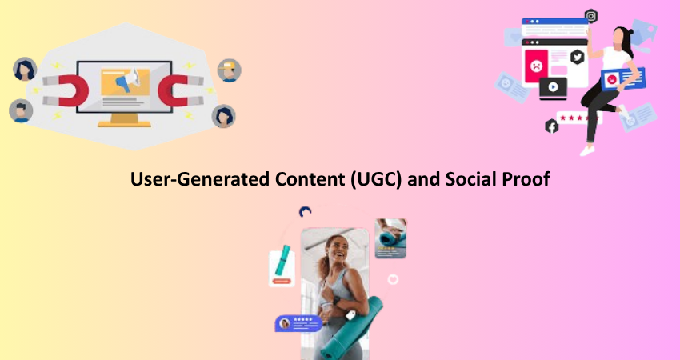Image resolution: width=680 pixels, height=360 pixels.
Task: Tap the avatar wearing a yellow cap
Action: click(229, 70)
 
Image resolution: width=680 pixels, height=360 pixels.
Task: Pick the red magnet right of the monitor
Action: click(181, 90)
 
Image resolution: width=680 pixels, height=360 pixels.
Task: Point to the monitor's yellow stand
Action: click(124, 120)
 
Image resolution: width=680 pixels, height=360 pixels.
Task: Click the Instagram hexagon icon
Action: click(591, 17)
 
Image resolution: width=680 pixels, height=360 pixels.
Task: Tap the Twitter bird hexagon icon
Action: click(578, 57)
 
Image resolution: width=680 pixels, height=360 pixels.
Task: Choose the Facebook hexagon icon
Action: click(552, 126)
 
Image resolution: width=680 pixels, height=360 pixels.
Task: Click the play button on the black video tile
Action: click(553, 86)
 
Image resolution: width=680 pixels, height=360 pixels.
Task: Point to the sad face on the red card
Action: click(537, 66)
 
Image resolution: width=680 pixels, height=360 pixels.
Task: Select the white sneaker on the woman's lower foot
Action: click(587, 150)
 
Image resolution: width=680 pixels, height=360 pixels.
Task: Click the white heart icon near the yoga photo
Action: click(393, 279)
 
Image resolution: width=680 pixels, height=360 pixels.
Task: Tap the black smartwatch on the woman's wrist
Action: click(336, 300)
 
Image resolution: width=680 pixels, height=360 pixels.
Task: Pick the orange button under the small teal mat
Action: click(282, 281)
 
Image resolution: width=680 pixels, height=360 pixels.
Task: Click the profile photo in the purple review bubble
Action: click(285, 323)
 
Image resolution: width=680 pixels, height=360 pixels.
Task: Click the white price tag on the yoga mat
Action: click(350, 315)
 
